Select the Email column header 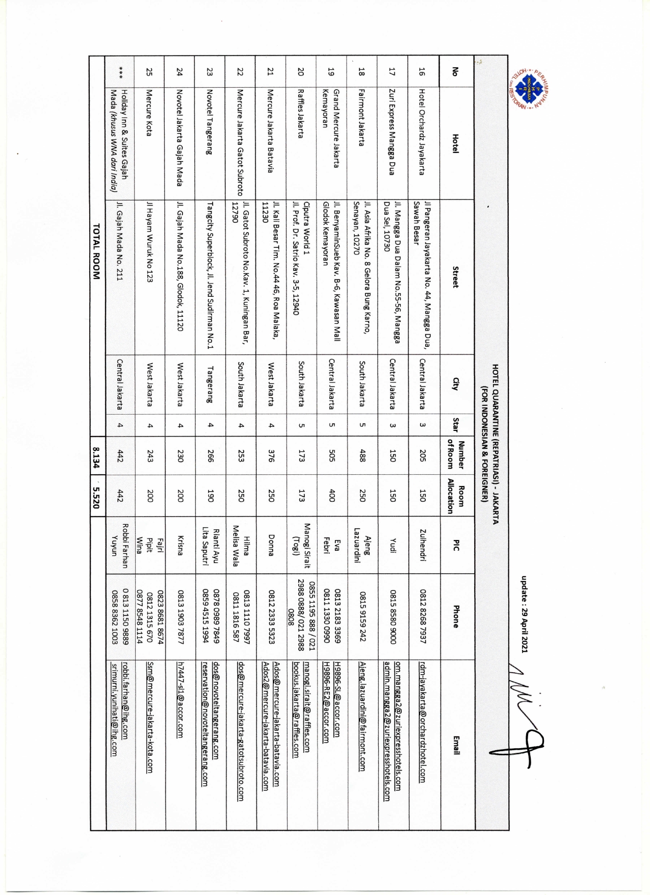pos(455,745)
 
